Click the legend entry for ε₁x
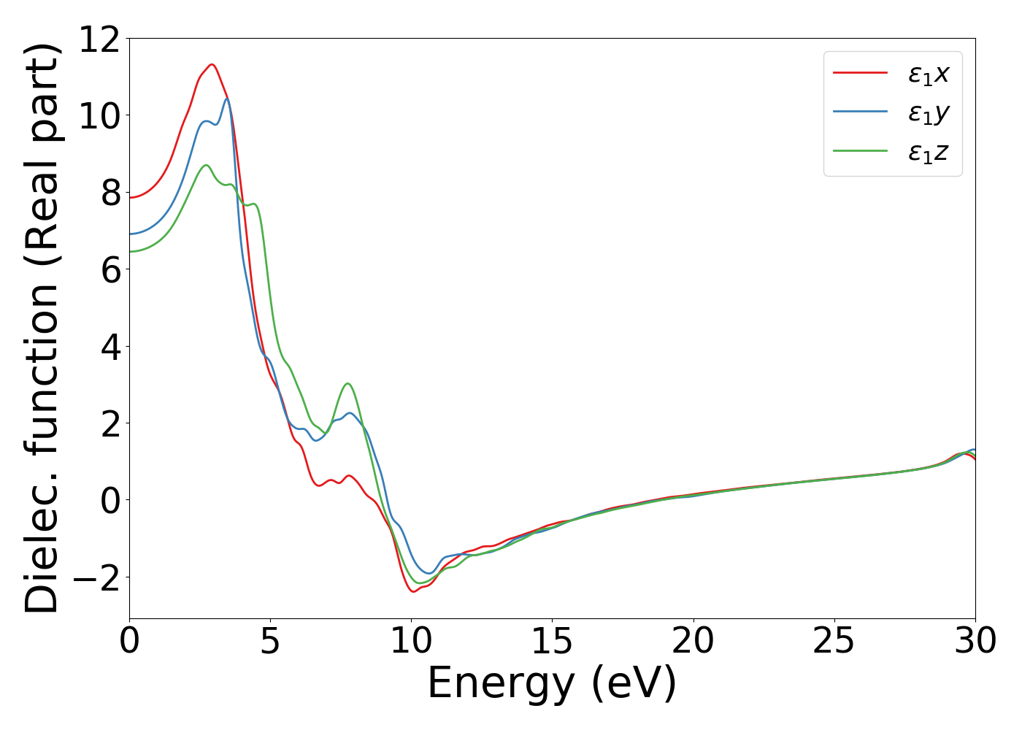pos(928,74)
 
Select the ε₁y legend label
pos(928,113)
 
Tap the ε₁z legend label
pos(928,152)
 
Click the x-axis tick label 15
pos(552,642)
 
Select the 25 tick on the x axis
pos(834,642)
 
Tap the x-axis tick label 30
pos(975,642)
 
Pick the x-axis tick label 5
pos(270,642)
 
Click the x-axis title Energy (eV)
pos(552,684)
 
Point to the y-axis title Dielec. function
pos(42,328)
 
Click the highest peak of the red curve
pos(212,64)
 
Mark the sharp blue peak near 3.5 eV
pos(227,99)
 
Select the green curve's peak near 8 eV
pos(348,383)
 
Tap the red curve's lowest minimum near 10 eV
pos(414,591)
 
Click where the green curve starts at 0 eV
pos(130,252)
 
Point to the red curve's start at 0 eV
pos(130,198)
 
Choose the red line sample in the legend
pos(860,73)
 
